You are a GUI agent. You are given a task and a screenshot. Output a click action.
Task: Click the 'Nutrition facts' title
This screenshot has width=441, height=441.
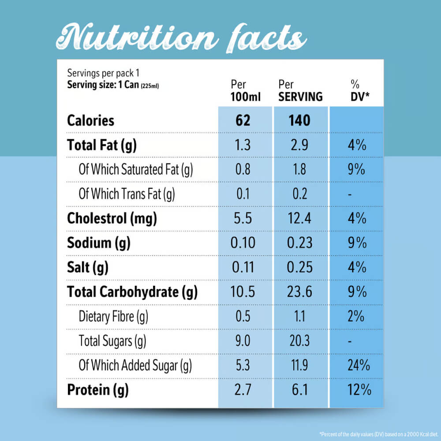click(x=181, y=37)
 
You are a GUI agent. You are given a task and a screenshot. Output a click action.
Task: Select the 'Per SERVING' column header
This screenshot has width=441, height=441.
click(x=300, y=90)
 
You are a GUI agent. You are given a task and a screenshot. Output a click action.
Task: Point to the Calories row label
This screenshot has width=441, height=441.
click(x=90, y=120)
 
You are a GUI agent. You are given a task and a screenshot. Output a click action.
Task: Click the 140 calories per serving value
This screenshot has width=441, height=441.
click(x=300, y=120)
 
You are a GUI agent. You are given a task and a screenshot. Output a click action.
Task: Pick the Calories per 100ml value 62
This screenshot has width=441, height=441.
click(x=243, y=120)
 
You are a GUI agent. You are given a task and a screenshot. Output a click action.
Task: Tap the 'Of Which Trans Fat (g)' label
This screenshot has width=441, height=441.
click(x=127, y=194)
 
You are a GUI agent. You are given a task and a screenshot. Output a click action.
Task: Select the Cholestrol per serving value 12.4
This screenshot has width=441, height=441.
click(x=299, y=218)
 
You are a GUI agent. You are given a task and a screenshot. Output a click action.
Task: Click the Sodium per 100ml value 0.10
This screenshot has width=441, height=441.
click(x=243, y=243)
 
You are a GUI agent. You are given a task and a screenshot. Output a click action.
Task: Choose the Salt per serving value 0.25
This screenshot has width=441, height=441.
click(x=299, y=267)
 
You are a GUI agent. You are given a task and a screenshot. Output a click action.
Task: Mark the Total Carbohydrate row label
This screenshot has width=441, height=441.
click(x=132, y=292)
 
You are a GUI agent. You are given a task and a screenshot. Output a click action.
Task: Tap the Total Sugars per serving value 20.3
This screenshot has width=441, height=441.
click(x=299, y=340)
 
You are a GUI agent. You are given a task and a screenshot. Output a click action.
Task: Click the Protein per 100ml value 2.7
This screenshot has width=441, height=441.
click(x=243, y=390)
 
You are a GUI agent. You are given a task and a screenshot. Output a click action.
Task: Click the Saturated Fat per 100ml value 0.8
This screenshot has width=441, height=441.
click(x=243, y=170)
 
